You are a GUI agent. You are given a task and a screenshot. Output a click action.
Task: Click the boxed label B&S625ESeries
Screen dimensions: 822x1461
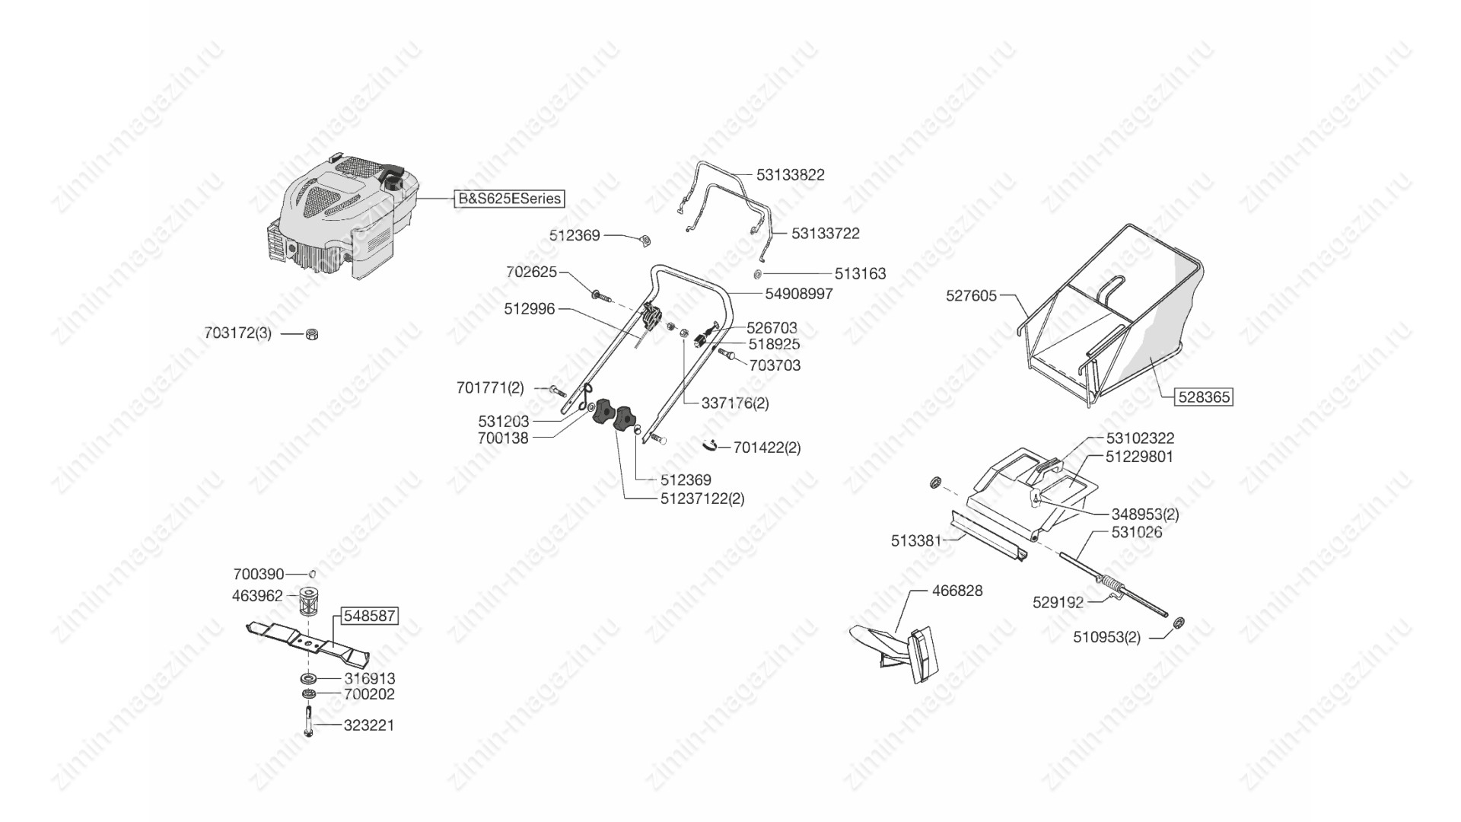(x=509, y=199)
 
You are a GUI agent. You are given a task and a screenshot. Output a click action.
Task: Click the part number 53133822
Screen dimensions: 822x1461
(x=790, y=175)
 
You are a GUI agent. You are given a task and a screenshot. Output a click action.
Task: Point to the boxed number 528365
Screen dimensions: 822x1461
(x=1204, y=397)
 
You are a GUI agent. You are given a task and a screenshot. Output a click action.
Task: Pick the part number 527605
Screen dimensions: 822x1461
(x=971, y=295)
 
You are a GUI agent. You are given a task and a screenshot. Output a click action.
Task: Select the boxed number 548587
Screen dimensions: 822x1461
(x=369, y=616)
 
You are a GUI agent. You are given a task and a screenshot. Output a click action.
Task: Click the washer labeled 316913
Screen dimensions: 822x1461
(x=308, y=677)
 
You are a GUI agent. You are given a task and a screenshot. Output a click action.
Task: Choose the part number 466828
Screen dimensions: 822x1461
(x=956, y=591)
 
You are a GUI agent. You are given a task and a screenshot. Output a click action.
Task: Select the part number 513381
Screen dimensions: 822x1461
(x=916, y=541)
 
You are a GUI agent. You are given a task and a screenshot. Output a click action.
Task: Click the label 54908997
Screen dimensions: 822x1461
(x=798, y=294)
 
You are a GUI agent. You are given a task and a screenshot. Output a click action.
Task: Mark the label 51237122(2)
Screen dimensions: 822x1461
(x=702, y=499)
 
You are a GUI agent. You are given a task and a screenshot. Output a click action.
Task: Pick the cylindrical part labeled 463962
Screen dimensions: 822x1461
(x=308, y=604)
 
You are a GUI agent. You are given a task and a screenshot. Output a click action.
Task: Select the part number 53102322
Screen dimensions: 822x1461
(x=1139, y=438)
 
